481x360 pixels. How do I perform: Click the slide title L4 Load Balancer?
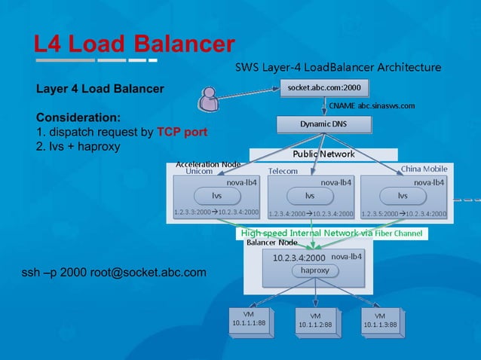[x=134, y=44]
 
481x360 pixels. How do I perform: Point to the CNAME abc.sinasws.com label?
[x=371, y=105]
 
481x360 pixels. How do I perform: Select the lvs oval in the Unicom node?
[x=217, y=195]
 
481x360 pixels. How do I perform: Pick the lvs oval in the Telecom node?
[x=309, y=195]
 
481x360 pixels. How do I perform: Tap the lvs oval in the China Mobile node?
[x=403, y=195]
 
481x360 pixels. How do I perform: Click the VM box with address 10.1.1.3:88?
[x=381, y=319]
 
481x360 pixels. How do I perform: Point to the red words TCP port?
[x=182, y=133]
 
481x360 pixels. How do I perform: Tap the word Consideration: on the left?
[x=78, y=118]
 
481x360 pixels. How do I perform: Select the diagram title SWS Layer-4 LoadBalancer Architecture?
[x=338, y=67]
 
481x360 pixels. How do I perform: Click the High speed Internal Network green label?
[x=333, y=233]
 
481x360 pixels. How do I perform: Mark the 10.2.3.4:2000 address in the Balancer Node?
[x=293, y=257]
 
